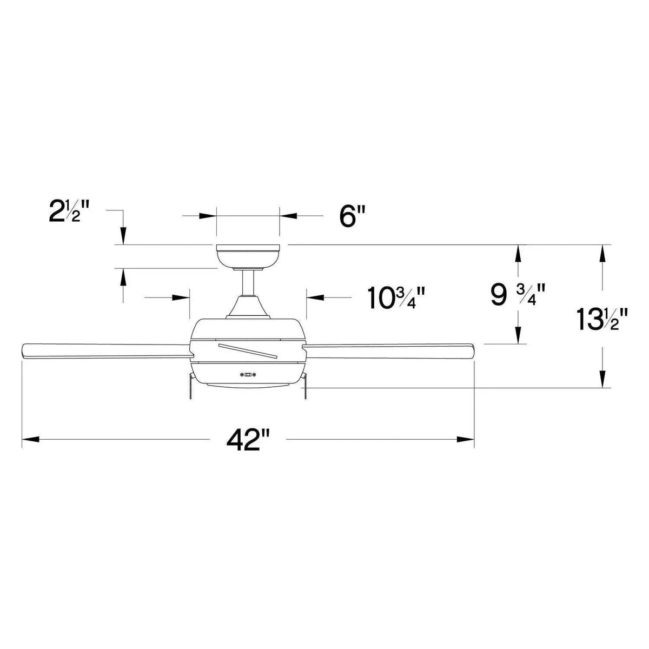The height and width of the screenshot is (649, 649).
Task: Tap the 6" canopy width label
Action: click(x=349, y=216)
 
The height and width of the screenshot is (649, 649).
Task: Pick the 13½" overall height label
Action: click(x=604, y=319)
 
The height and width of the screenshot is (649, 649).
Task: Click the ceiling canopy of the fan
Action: click(x=248, y=256)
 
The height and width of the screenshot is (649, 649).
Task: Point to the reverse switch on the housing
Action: click(x=248, y=374)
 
